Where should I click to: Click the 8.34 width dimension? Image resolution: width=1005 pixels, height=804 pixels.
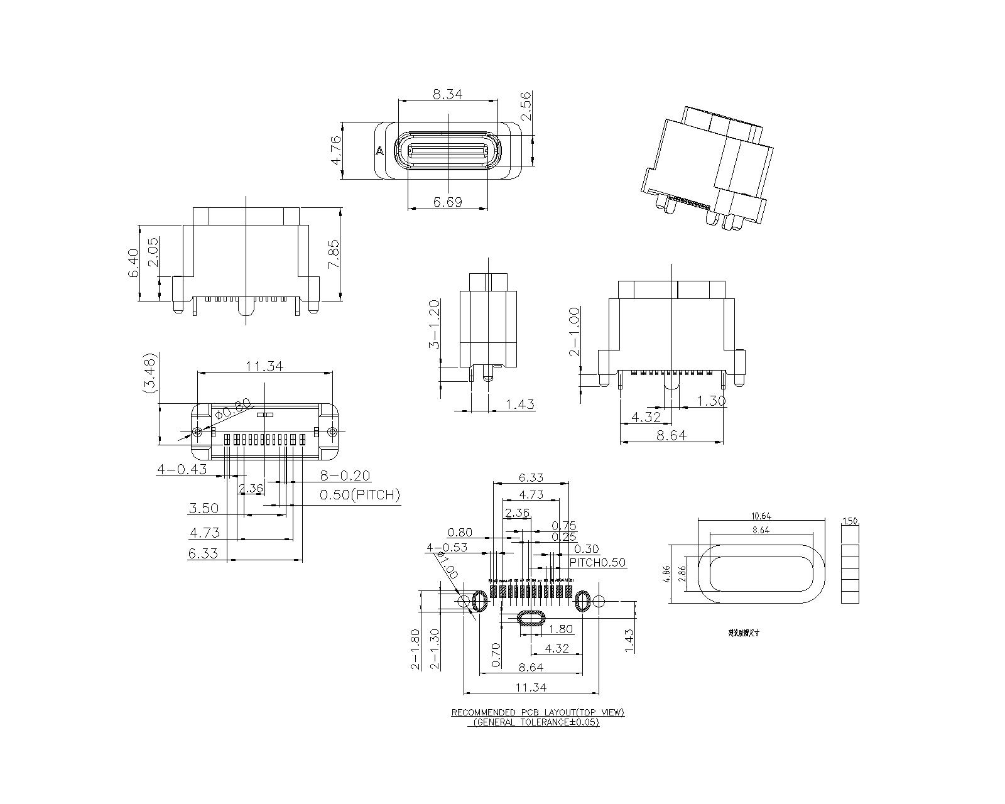point(447,95)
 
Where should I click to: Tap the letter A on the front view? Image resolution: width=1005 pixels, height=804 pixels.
point(379,151)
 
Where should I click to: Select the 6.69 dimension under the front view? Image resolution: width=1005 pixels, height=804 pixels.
point(447,202)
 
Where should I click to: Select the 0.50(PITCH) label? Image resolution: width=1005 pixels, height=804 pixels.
point(359,495)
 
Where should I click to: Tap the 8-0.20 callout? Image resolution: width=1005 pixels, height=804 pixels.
point(345,476)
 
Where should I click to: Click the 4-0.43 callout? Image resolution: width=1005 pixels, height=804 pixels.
point(182,469)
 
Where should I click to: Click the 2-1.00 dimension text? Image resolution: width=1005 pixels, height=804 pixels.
point(574,332)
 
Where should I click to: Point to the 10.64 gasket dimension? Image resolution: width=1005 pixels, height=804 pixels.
point(761,516)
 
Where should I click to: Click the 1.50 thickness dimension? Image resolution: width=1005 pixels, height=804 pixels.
point(849,521)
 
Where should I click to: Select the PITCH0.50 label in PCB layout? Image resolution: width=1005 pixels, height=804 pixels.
point(597,562)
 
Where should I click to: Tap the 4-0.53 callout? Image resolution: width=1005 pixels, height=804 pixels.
point(447,547)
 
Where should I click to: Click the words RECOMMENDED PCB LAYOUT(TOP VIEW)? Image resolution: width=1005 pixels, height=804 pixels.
point(538,712)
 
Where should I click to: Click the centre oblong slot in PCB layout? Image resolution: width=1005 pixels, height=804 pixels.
point(532,619)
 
